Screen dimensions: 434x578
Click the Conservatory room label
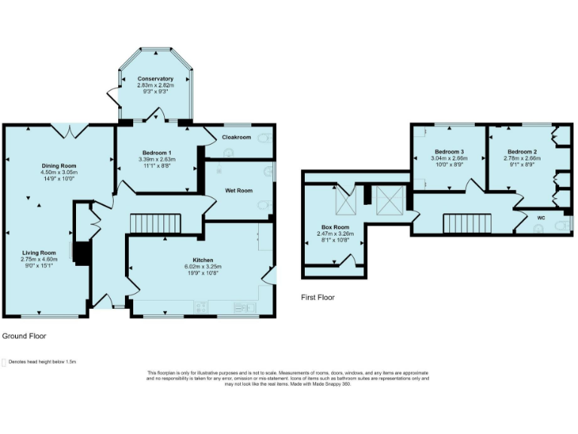(155, 78)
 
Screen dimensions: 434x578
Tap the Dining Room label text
(59, 166)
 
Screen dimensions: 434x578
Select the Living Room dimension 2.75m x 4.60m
(39, 259)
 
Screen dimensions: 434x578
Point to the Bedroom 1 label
(157, 153)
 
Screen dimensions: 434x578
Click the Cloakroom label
(236, 137)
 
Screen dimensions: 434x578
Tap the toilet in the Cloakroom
(263, 138)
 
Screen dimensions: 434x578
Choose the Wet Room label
(239, 191)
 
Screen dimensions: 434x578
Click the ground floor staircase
(157, 224)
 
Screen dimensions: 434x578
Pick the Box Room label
(335, 227)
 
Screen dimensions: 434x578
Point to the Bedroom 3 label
(449, 151)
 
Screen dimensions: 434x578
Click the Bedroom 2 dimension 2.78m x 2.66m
(523, 158)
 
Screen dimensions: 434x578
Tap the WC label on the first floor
(540, 218)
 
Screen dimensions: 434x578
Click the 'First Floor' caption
(318, 297)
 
